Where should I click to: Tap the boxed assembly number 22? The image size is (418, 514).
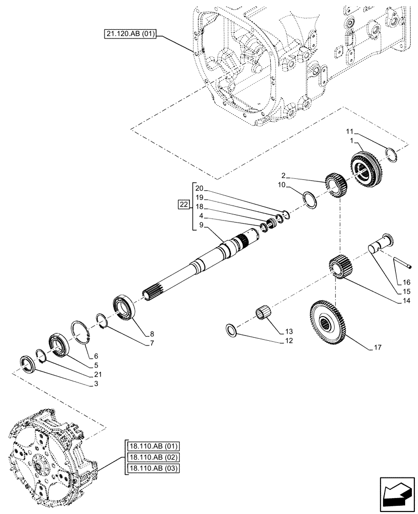(183, 206)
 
